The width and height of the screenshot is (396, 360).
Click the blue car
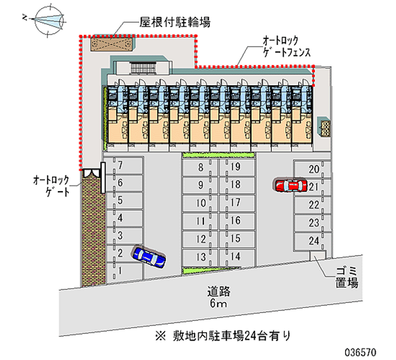pyautogui.click(x=149, y=257)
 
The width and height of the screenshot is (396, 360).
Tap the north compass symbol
pyautogui.click(x=47, y=20)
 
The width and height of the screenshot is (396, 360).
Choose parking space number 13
pyautogui.click(x=200, y=257)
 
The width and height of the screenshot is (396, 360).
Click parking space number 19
pyautogui.click(x=236, y=167)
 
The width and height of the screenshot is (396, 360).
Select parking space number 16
pyautogui.click(x=236, y=221)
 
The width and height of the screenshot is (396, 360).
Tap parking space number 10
pyautogui.click(x=200, y=203)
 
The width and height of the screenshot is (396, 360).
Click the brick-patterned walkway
pyautogui.click(x=92, y=233)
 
